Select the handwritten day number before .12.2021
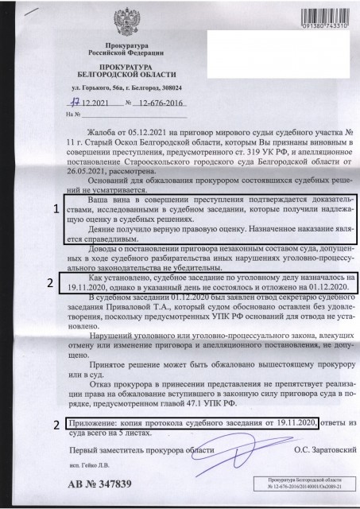[75, 103]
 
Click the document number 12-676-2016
[155, 103]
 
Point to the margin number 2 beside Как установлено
[49, 282]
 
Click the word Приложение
[86, 422]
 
